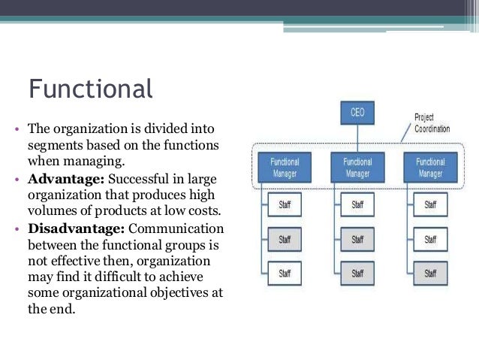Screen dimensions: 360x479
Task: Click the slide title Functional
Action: tap(90, 89)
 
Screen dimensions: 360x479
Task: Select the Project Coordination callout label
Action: tap(432, 123)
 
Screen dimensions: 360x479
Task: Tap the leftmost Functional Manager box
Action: tap(284, 167)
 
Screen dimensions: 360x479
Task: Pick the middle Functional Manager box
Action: tap(357, 167)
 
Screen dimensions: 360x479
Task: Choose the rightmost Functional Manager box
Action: tap(430, 167)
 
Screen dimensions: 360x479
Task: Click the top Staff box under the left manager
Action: tap(285, 204)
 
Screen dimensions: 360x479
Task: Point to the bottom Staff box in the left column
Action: tap(285, 273)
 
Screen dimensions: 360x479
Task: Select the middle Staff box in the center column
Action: tap(357, 239)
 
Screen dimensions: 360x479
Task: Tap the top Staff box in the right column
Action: tap(430, 204)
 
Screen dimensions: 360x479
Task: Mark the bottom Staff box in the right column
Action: tap(430, 273)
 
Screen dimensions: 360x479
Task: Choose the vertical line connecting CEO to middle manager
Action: tap(357, 138)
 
